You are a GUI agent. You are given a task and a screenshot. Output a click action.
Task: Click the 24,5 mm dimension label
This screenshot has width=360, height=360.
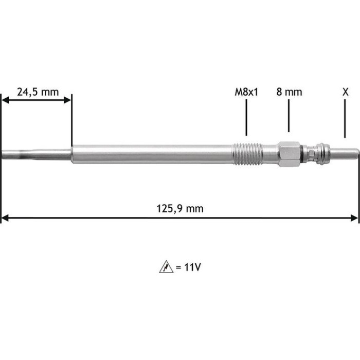(x=38, y=92)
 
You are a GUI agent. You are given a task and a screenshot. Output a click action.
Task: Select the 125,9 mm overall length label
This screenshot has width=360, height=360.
(x=180, y=209)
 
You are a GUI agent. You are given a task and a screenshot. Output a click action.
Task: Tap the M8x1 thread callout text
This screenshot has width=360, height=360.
(x=246, y=92)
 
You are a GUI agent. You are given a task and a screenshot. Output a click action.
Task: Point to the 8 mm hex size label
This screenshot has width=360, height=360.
(x=289, y=92)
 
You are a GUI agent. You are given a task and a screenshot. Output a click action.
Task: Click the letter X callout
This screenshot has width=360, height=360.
(x=345, y=92)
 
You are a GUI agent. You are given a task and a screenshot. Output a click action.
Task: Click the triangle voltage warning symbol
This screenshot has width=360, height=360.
(x=166, y=267)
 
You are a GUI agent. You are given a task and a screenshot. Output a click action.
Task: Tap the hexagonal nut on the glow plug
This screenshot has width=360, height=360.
(x=289, y=154)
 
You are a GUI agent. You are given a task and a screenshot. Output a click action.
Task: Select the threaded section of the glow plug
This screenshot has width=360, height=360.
(x=247, y=154)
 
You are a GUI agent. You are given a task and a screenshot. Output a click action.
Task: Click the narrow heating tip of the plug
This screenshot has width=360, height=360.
(x=37, y=154)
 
